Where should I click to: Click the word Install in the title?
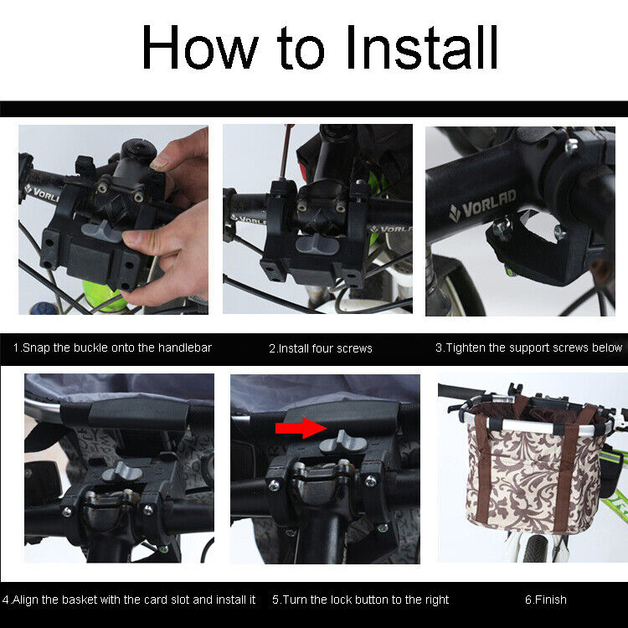coord(422,47)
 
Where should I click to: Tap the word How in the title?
coord(200,47)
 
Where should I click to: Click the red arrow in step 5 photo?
coord(301,428)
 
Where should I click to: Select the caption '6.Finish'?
coord(545,600)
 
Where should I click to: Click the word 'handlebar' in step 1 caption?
coord(185,347)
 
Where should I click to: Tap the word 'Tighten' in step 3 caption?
coord(466,347)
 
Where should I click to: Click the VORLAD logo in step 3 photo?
coord(483,206)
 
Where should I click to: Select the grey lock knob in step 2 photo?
coord(317,244)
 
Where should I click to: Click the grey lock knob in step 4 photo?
coord(121,471)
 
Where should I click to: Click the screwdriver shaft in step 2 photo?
coord(286,152)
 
